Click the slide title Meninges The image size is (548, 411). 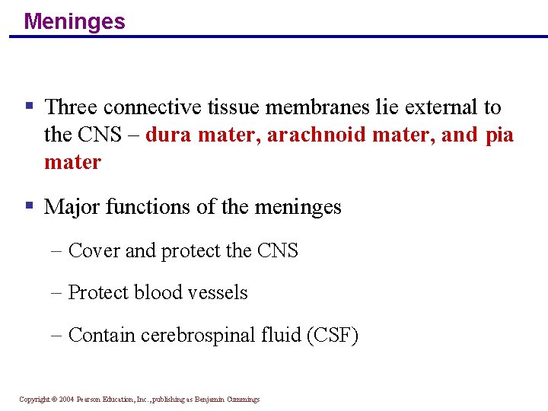(x=75, y=21)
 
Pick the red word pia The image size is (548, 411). (x=499, y=135)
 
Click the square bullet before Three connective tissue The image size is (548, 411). (x=29, y=107)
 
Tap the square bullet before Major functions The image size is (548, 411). (x=29, y=205)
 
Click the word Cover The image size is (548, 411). (x=94, y=250)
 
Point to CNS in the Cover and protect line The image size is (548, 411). (x=279, y=250)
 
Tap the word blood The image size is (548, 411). (x=158, y=292)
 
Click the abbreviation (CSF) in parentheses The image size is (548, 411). (x=332, y=335)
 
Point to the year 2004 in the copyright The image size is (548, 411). (x=67, y=399)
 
